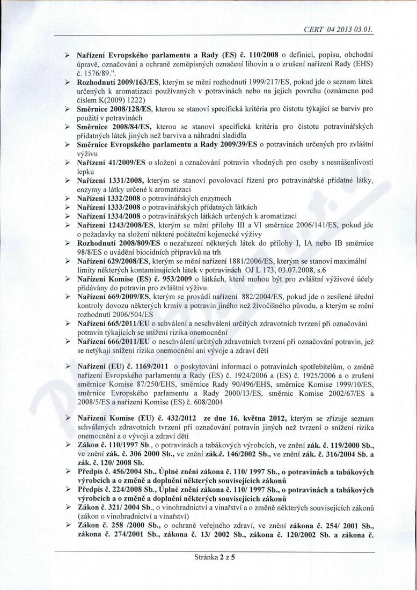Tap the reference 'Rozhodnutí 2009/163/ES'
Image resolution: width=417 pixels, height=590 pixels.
116,80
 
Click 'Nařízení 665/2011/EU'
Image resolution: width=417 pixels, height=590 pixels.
114,326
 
